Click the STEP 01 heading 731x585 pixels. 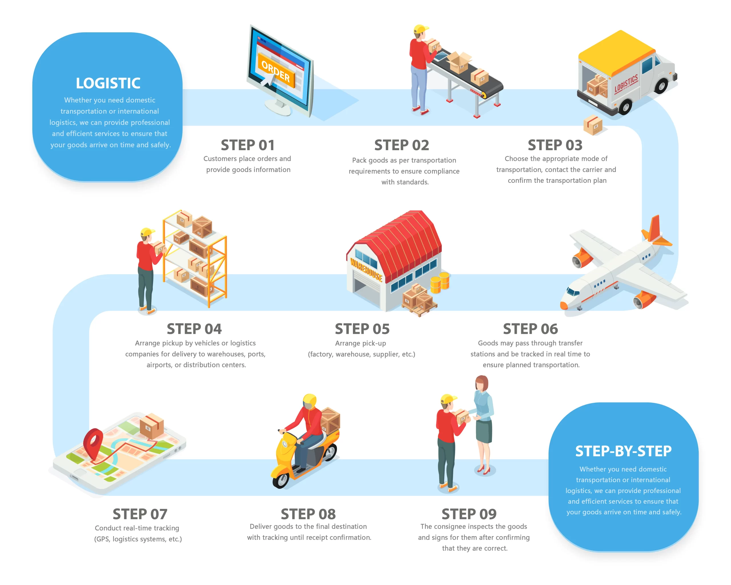click(x=248, y=145)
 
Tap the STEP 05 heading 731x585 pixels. click(x=362, y=329)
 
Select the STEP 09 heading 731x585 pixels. click(x=469, y=514)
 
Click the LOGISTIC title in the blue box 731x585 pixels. click(x=108, y=83)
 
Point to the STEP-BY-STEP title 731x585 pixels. click(x=623, y=451)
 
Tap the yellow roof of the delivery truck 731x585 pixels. click(x=616, y=51)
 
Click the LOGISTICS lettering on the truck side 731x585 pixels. click(x=626, y=84)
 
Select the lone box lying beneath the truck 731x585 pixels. click(x=593, y=125)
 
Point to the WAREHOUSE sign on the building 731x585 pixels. click(x=366, y=270)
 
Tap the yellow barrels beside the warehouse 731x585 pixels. click(x=440, y=283)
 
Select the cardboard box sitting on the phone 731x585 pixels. click(x=152, y=426)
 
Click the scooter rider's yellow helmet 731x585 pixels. click(x=310, y=402)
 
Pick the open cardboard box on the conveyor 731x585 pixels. click(x=459, y=62)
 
